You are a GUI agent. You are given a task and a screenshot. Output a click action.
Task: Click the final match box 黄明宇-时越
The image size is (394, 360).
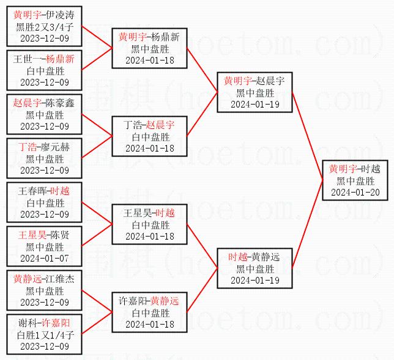355,180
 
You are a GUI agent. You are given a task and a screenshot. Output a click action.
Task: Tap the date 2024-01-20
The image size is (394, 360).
355,192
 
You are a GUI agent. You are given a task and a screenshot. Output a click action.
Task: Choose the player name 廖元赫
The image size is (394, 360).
59,147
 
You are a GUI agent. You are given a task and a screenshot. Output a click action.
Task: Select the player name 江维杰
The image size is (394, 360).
59,279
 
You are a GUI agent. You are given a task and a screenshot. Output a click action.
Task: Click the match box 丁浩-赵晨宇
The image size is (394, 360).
149,136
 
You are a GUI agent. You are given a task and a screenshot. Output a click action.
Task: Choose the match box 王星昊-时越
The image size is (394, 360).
149,224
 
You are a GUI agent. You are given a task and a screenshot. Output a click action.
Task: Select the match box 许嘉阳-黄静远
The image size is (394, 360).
149,312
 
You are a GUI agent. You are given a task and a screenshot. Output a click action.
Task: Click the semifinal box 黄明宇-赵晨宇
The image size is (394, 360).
255,92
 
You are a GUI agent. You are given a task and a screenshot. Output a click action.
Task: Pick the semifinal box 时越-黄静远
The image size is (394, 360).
255,268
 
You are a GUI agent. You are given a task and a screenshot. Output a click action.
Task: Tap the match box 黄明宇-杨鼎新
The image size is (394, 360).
149,48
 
